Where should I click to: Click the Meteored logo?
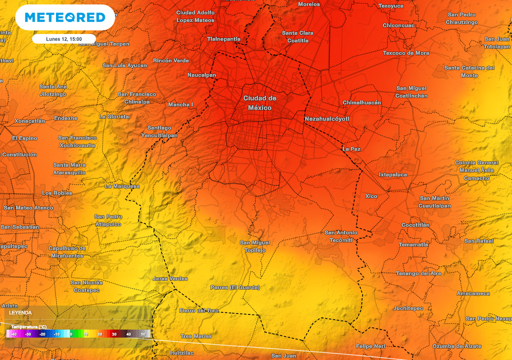click(x=65, y=17)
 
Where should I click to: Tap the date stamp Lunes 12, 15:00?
click(x=63, y=39)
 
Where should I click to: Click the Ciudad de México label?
click(x=259, y=103)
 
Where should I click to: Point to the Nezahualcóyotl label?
click(x=326, y=119)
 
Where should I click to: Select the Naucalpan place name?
click(x=201, y=75)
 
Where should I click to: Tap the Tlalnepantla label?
click(x=223, y=39)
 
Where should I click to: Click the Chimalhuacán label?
click(x=361, y=102)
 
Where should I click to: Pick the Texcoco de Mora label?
click(x=406, y=53)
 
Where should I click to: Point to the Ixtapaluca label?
click(x=392, y=174)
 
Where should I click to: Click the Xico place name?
click(x=371, y=196)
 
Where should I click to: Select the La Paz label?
click(x=351, y=149)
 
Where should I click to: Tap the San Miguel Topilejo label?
click(x=255, y=246)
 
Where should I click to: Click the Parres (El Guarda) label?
click(x=235, y=287)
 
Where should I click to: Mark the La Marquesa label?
click(x=122, y=186)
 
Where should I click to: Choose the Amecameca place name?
click(x=473, y=293)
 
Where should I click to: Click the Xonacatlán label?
click(x=29, y=121)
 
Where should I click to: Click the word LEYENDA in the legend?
click(x=20, y=312)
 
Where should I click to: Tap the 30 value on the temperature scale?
click(x=114, y=334)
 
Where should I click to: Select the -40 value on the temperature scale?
click(x=13, y=334)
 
